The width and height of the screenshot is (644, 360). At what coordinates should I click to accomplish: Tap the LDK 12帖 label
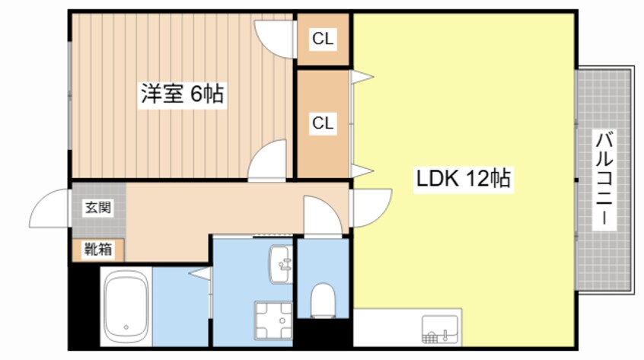[462, 180]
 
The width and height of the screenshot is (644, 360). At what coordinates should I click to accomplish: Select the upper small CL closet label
[323, 39]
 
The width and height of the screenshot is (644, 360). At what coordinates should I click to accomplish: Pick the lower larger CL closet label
[323, 123]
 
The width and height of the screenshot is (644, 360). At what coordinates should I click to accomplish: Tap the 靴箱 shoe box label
[98, 249]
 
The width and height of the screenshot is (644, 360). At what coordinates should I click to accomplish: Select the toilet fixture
[323, 298]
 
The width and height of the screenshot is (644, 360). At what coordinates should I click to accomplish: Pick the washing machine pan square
[273, 321]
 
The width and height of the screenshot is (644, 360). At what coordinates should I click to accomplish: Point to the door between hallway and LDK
[371, 204]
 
